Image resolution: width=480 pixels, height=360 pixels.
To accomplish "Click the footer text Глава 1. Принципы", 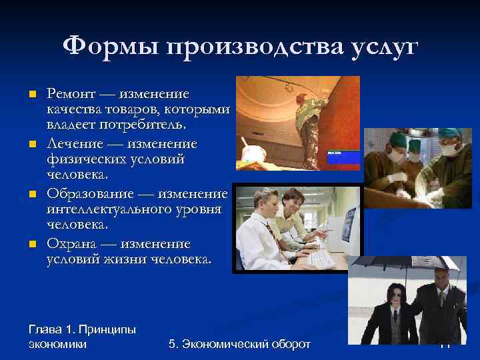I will [x=82, y=329].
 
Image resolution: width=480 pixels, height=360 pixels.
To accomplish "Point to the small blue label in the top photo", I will [x=343, y=157].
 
